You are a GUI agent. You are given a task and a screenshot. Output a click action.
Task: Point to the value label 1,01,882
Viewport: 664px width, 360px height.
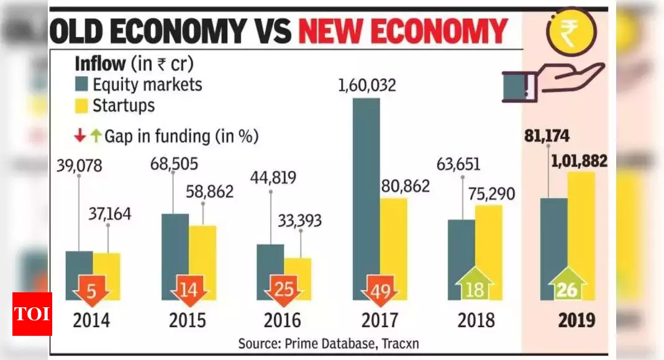tap(579, 161)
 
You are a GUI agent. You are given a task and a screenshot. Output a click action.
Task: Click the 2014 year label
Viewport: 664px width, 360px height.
tap(91, 320)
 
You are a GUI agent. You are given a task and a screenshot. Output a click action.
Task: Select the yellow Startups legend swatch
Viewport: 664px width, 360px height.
tap(81, 106)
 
